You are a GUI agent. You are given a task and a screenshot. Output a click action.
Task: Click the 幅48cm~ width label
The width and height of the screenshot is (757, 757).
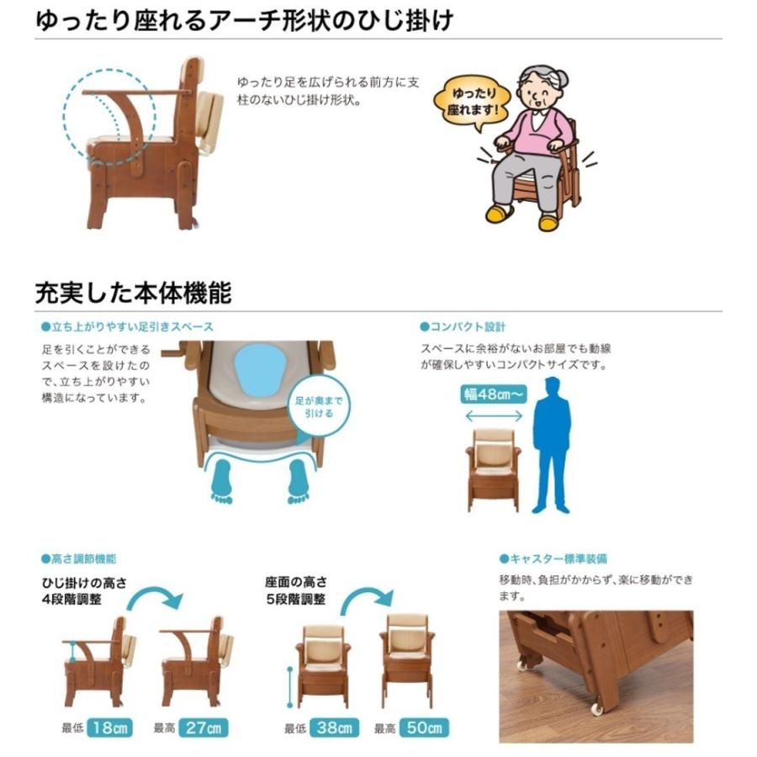click(491, 393)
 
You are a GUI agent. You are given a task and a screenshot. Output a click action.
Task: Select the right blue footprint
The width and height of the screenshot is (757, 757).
click(298, 482)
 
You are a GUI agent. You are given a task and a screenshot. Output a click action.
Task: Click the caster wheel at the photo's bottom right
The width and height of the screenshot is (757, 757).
click(597, 708)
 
